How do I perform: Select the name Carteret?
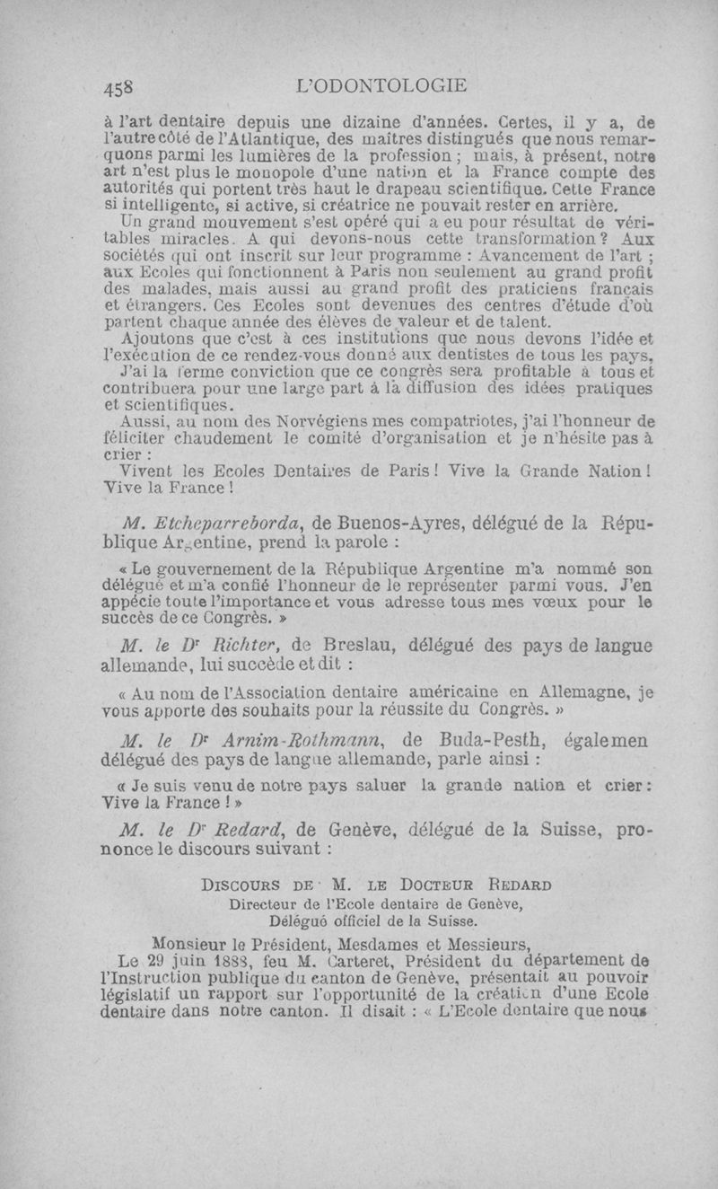(x=362, y=960)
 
